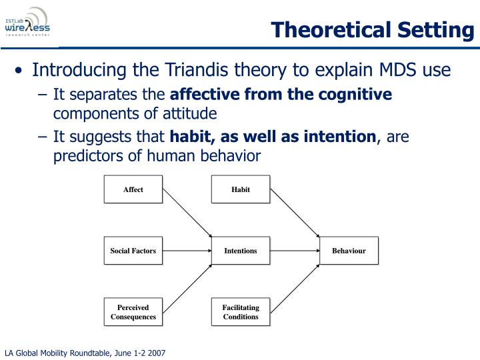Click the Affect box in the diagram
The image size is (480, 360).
[x=133, y=189]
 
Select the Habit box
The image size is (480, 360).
[x=241, y=189]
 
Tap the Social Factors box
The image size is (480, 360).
[x=133, y=251]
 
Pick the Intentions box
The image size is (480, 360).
[x=241, y=251]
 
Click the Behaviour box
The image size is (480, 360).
[x=349, y=251]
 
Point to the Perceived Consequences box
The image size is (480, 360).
[x=133, y=311]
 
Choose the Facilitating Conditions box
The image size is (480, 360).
[x=241, y=311]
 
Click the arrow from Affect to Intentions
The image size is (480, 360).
[x=187, y=213]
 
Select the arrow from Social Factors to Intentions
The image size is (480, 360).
[x=187, y=251]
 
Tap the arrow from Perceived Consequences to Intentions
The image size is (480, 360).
[x=187, y=289]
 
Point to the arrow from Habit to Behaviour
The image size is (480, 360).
[x=295, y=213]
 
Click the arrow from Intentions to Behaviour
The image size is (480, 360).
[x=295, y=251]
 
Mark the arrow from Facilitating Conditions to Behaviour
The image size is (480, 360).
[x=295, y=289]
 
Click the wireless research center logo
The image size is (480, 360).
[x=27, y=22]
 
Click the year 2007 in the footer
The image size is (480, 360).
[x=157, y=353]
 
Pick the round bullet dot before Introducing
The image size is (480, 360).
[x=19, y=71]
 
